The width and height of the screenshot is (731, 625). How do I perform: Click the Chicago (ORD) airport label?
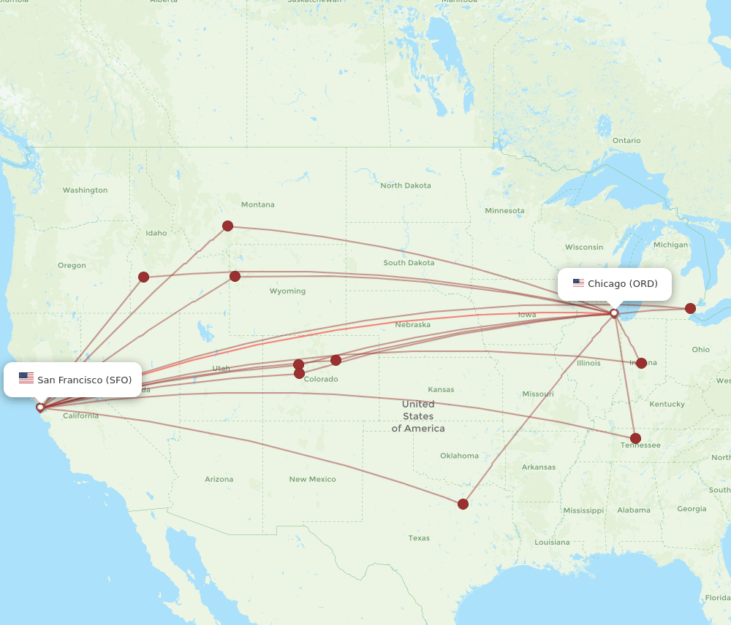[x=615, y=284]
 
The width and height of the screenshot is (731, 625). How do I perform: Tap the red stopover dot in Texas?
[x=463, y=504]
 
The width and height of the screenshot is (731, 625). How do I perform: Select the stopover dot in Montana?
[x=227, y=226]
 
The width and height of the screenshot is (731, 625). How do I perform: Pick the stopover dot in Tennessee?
[x=635, y=439]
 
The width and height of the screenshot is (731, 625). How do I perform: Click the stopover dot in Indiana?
[x=641, y=363]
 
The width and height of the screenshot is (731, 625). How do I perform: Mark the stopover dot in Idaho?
[x=143, y=277]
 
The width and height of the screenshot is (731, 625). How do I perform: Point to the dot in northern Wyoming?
[x=235, y=276]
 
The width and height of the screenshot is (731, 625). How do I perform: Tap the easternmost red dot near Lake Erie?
[x=690, y=308]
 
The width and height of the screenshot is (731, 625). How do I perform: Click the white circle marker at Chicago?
[x=614, y=312]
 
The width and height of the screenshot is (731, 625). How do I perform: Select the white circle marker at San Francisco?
[x=40, y=407]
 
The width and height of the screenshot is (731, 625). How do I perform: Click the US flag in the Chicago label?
[x=578, y=283]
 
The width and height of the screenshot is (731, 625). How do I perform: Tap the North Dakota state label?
[x=405, y=185]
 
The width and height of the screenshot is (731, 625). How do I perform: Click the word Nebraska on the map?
[x=412, y=324]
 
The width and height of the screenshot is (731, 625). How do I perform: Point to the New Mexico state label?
[x=312, y=480]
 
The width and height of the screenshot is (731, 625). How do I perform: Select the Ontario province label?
[x=626, y=140]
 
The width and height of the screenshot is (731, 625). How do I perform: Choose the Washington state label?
[x=85, y=191]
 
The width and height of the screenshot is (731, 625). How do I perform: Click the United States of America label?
[x=417, y=416]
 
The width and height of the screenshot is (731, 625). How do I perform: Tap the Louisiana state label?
[x=552, y=542]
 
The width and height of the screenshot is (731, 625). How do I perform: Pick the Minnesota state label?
[x=504, y=211]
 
